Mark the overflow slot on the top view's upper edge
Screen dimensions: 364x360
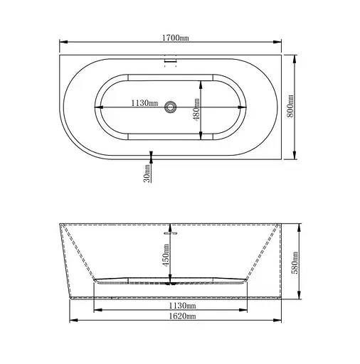pos(170,63)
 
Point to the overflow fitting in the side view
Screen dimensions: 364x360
pos(170,231)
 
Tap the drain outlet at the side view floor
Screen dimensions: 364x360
pos(170,282)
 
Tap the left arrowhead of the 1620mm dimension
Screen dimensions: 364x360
pos(72,321)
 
